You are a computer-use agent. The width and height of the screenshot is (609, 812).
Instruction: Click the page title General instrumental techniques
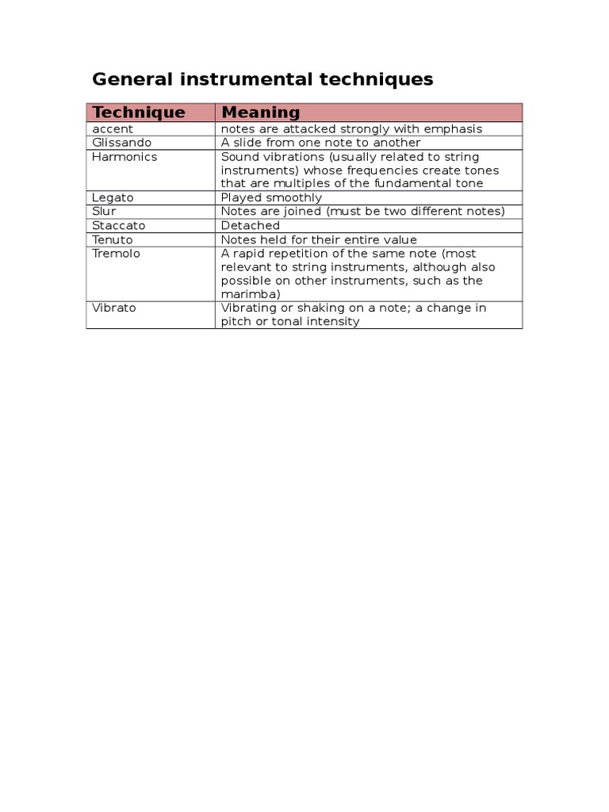[x=262, y=79]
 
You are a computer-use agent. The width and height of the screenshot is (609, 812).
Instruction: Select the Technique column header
[x=139, y=113]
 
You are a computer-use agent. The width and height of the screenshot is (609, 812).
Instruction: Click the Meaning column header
[x=260, y=113]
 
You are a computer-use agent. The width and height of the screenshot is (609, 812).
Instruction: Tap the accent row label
[x=113, y=128]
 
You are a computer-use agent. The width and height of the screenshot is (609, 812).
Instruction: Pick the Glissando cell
[x=121, y=143]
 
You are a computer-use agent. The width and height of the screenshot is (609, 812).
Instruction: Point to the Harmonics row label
[x=124, y=156]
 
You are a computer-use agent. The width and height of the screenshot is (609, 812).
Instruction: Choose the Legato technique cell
[x=113, y=197]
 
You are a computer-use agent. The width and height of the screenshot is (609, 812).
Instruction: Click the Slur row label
[x=104, y=211]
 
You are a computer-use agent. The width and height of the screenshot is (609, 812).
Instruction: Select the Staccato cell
[x=119, y=225]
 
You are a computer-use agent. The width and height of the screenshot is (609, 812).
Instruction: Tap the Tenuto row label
[x=113, y=239]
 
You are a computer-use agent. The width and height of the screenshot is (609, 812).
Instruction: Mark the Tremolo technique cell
[x=116, y=253]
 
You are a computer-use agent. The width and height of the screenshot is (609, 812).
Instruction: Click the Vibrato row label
[x=114, y=308]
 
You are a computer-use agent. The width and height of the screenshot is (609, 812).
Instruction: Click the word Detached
[x=250, y=225]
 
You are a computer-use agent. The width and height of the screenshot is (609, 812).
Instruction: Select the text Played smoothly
[x=271, y=197]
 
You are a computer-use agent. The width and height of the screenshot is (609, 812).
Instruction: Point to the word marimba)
[x=251, y=294]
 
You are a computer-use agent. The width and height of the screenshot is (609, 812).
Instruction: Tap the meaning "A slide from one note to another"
[x=320, y=143]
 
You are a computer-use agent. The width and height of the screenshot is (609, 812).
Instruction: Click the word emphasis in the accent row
[x=454, y=128]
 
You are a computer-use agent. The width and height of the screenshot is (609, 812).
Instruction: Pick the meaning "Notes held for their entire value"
[x=318, y=239]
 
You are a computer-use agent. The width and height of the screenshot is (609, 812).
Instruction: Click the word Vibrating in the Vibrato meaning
[x=249, y=308]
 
